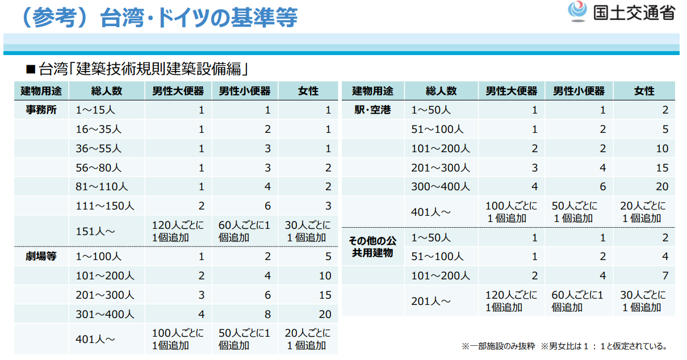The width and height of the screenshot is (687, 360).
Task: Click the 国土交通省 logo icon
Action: click(577, 11)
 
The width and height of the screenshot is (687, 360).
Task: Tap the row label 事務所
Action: click(41, 110)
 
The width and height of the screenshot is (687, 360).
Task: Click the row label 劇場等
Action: click(41, 256)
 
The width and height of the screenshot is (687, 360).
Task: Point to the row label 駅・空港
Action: click(372, 110)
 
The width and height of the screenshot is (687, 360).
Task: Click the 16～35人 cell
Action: click(99, 129)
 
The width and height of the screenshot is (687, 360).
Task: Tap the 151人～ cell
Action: click(96, 231)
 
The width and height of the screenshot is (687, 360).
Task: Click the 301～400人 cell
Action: click(105, 313)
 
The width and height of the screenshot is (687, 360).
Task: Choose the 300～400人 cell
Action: click(441, 187)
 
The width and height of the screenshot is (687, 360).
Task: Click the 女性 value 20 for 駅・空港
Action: click(662, 187)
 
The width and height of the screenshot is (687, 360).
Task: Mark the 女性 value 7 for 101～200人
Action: click(665, 276)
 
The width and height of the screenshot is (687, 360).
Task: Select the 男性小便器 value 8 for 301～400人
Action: click(267, 313)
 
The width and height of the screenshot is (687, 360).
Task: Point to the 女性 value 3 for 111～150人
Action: click(328, 206)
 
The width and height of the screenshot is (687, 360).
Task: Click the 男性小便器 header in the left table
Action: click(245, 91)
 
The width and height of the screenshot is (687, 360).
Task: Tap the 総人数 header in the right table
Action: click(441, 91)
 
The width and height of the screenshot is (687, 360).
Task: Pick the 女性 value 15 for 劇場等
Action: click(325, 295)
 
